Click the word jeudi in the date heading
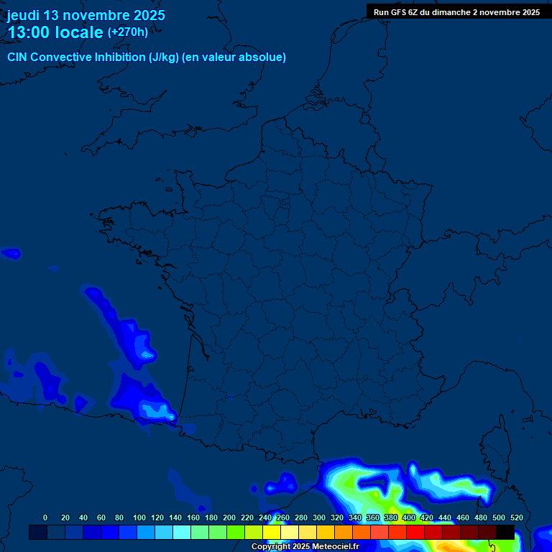[24, 15]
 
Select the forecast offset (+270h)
[128, 32]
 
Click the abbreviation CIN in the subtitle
[17, 57]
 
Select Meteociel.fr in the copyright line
[335, 547]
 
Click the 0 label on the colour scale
[45, 517]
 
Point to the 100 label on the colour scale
[139, 517]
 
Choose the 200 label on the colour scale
[229, 517]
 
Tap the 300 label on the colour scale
[319, 517]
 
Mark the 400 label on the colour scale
[409, 517]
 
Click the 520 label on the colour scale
[516, 517]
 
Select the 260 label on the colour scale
[283, 517]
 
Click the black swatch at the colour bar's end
[505, 532]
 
